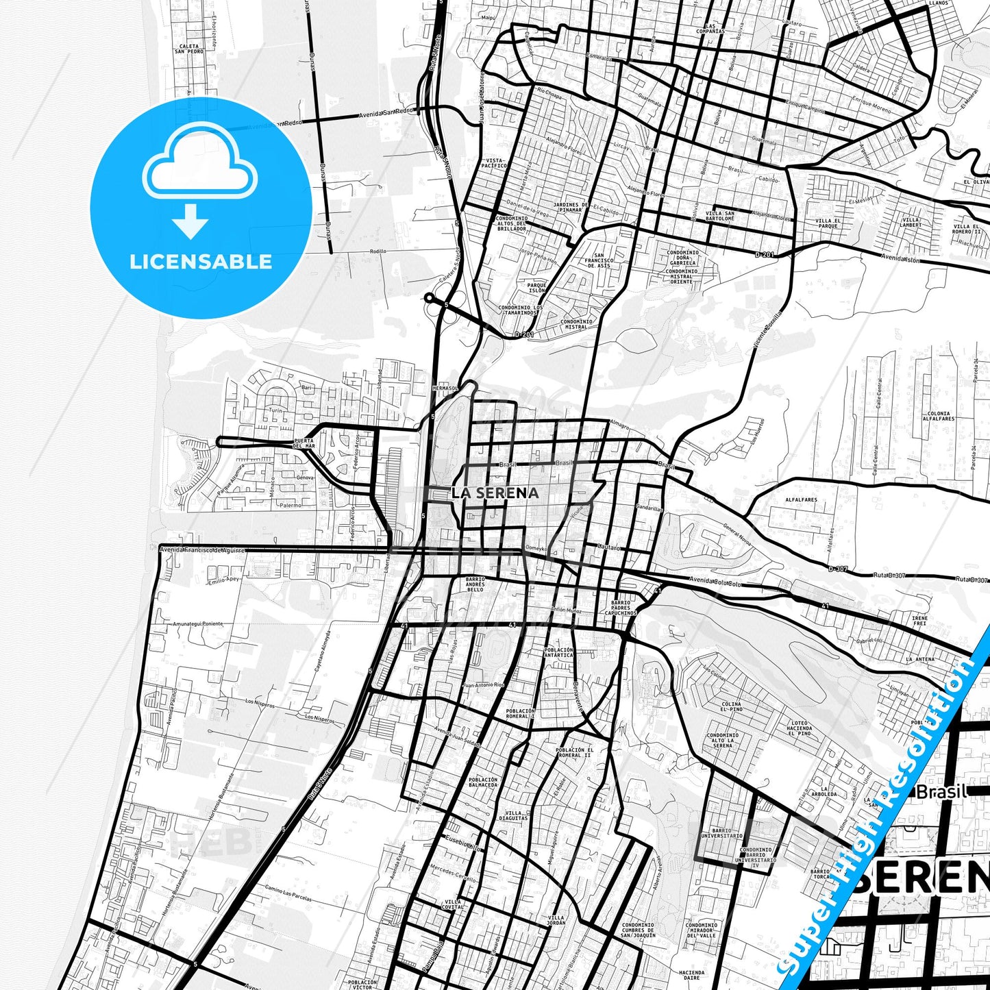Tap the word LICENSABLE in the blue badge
201,262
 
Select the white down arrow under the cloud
190,221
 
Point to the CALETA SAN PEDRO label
189,49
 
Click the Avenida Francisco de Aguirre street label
202,549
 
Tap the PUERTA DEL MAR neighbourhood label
304,443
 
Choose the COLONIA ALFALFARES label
939,416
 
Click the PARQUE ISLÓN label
536,288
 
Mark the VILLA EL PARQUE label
828,223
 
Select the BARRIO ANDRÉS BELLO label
475,584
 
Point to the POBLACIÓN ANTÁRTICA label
558,652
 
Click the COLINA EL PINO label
731,707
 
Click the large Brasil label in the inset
941,792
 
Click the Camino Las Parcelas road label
288,893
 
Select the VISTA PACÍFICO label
494,162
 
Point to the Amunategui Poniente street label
199,624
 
